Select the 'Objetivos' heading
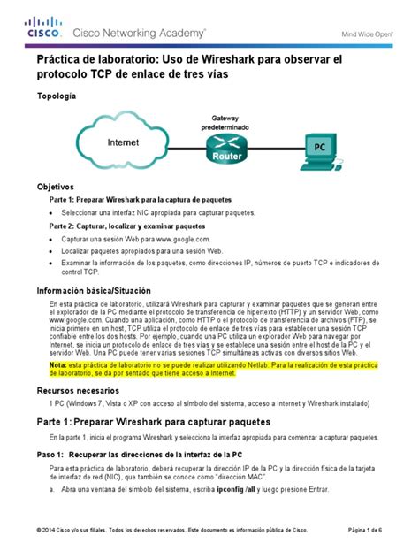point(55,188)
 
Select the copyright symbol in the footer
point(40,530)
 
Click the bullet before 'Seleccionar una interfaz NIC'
point(52,213)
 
